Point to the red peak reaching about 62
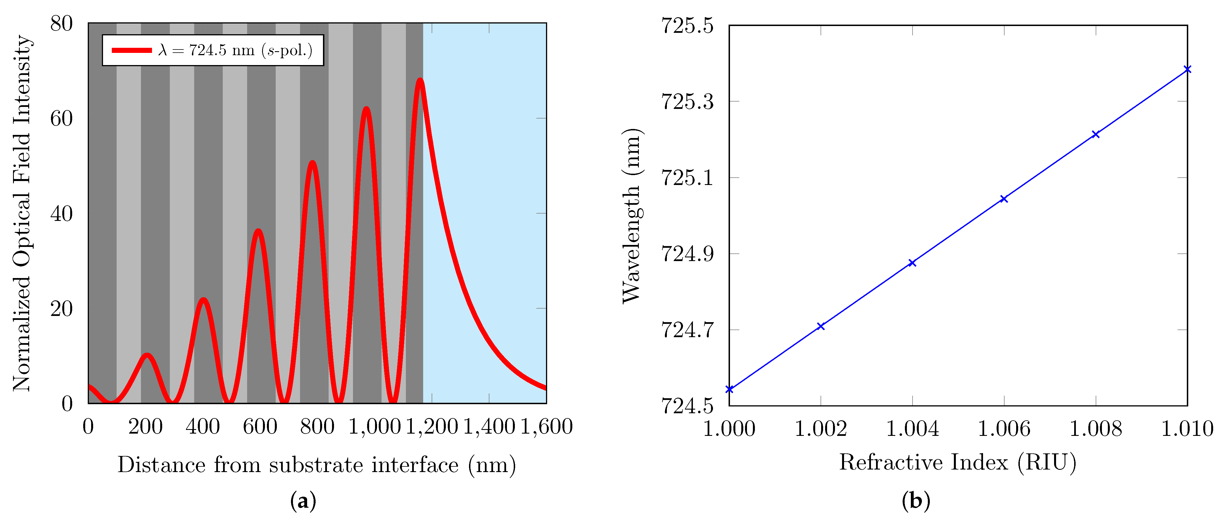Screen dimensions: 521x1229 pyautogui.click(x=366, y=109)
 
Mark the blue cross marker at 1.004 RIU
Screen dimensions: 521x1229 pyautogui.click(x=912, y=263)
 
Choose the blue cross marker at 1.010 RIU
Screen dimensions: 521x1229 pyautogui.click(x=1187, y=70)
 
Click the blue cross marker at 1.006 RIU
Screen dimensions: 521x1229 pyautogui.click(x=1004, y=199)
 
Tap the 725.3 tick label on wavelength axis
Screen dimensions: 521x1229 pyautogui.click(x=687, y=102)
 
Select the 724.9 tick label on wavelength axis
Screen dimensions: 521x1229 pyautogui.click(x=687, y=254)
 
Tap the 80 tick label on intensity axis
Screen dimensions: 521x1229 pyautogui.click(x=61, y=23)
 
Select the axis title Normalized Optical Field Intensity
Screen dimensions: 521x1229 pyautogui.click(x=22, y=213)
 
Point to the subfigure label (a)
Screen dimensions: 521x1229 pyautogui.click(x=303, y=501)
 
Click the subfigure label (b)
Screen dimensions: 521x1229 pyautogui.click(x=916, y=501)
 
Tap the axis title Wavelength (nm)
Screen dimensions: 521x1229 pyautogui.click(x=632, y=216)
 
